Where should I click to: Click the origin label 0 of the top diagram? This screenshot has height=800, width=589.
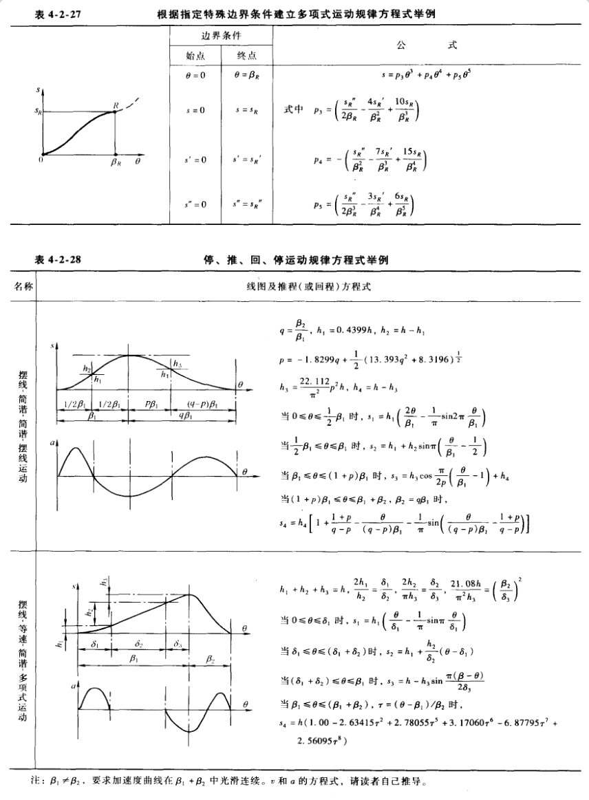(x=40, y=160)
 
